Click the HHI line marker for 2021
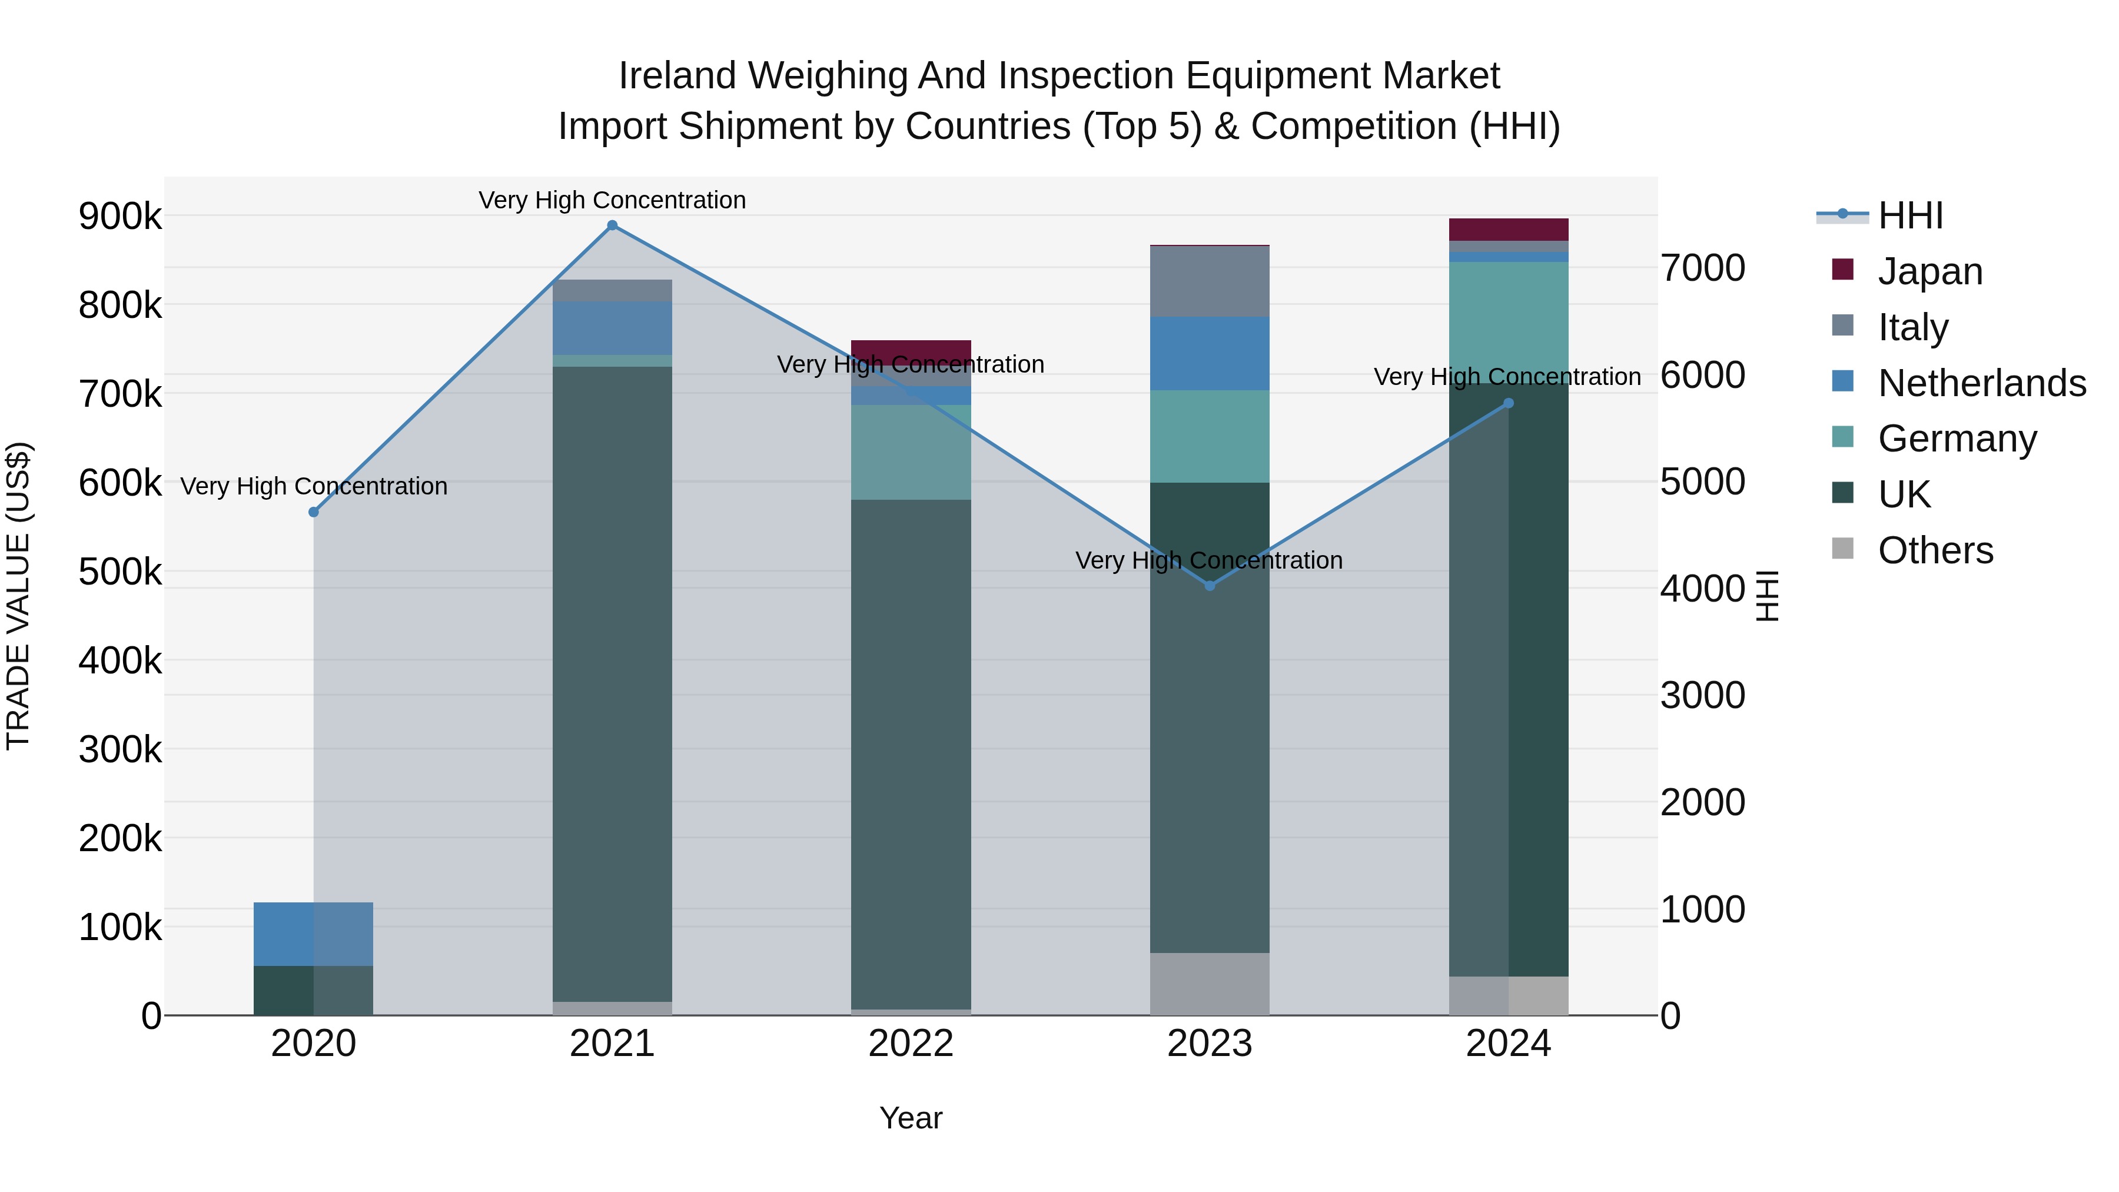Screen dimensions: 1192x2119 click(612, 225)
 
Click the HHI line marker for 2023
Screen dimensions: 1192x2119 click(1209, 586)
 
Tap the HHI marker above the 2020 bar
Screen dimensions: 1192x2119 click(313, 512)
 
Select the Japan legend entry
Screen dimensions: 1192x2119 click(1930, 271)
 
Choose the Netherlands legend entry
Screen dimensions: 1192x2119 click(1981, 383)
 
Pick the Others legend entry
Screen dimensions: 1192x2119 click(1935, 550)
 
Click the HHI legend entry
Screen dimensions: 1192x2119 click(1910, 215)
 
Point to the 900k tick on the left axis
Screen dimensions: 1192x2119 click(120, 217)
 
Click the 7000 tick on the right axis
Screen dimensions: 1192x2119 click(1702, 268)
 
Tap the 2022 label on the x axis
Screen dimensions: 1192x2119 click(911, 1044)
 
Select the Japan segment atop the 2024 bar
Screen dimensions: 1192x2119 click(1508, 230)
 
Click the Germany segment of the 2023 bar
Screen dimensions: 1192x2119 click(1209, 436)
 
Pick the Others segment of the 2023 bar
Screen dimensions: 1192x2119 click(1209, 984)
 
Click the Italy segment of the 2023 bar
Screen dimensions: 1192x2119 click(1209, 281)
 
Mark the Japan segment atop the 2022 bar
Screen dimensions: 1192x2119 click(911, 349)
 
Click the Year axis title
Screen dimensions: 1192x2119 click(911, 1118)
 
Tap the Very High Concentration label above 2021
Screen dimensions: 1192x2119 click(612, 200)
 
